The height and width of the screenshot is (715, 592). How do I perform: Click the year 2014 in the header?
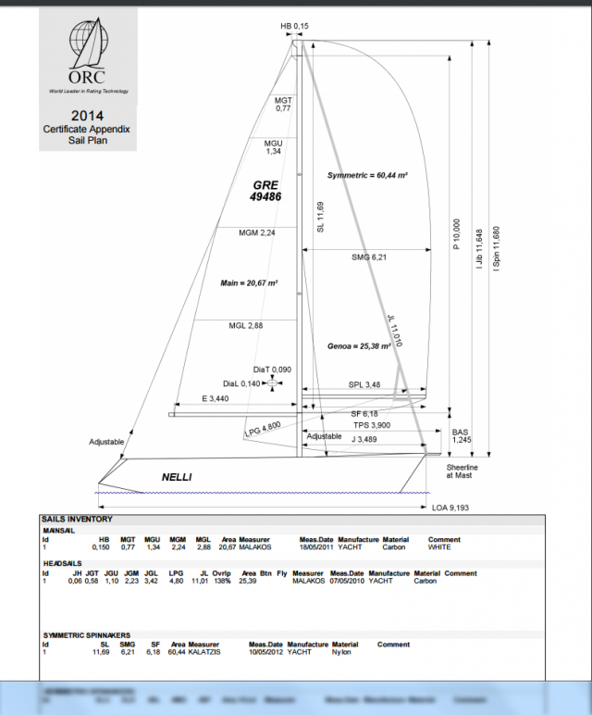[88, 115]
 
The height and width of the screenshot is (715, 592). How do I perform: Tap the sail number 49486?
[265, 197]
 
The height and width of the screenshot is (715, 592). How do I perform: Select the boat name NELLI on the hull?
[177, 477]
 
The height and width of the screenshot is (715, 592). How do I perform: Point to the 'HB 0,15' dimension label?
[295, 27]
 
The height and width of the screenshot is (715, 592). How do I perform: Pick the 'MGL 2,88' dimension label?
[246, 326]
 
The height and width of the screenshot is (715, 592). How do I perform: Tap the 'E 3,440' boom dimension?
[215, 398]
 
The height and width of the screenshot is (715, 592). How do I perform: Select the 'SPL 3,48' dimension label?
[364, 384]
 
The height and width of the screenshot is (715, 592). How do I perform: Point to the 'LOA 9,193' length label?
[452, 508]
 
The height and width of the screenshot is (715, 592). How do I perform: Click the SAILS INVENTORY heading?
[78, 520]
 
